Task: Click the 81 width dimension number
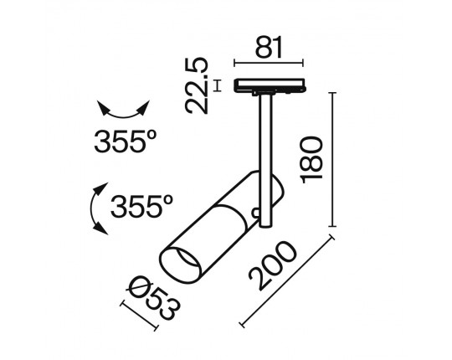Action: [x=269, y=47]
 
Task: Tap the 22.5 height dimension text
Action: [x=197, y=85]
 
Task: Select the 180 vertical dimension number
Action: [x=311, y=160]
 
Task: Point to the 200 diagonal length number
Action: [x=273, y=265]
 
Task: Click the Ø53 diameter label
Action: [x=155, y=299]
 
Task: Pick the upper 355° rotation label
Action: [x=126, y=141]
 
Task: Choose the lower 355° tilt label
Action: [x=141, y=207]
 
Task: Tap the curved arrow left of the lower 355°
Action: [x=97, y=208]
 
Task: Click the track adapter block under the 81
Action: [x=269, y=85]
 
